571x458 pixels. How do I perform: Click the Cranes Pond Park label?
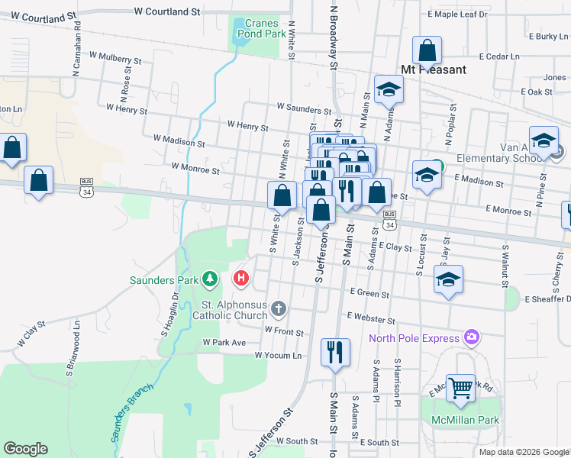[266, 28]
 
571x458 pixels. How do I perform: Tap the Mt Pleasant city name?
[434, 69]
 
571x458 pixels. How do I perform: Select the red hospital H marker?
[241, 279]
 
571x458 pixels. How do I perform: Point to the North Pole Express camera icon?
[472, 337]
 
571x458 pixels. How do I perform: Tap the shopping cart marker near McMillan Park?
[460, 389]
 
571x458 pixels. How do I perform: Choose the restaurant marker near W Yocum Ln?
[335, 353]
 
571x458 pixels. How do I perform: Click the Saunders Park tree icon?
[210, 280]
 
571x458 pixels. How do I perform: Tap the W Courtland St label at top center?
[166, 12]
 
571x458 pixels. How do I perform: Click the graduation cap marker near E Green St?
[448, 279]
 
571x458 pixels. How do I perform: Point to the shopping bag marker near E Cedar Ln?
[427, 51]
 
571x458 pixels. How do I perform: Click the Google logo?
[25, 449]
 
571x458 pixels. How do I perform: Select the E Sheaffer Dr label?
[546, 299]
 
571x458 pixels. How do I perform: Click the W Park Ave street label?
[224, 343]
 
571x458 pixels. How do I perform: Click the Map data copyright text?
[523, 452]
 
